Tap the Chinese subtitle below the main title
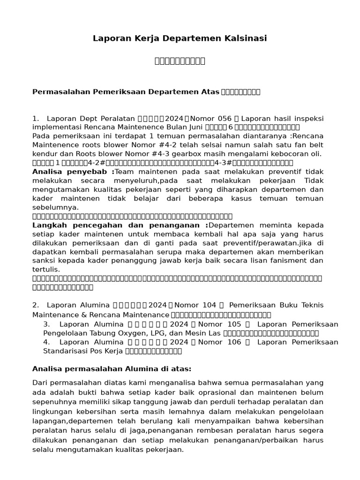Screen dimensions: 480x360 click(180, 61)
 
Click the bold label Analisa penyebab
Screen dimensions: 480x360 click(73, 172)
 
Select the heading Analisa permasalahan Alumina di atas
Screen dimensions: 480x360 click(112, 368)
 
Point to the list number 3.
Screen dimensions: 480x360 click(46, 324)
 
